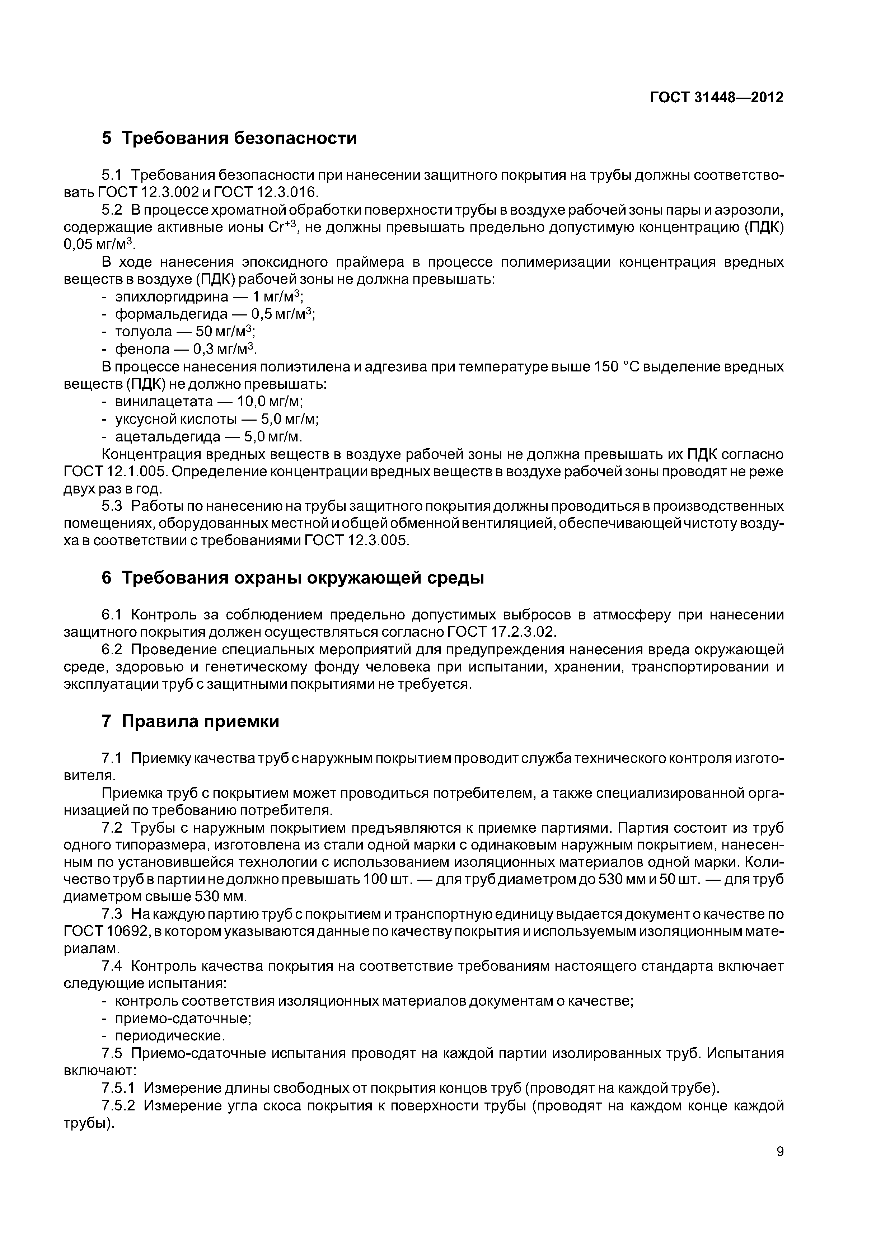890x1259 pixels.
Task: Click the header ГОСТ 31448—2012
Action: pos(716,98)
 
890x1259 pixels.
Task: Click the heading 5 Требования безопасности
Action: pos(229,138)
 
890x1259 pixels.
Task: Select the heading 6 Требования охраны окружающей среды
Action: pos(293,578)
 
